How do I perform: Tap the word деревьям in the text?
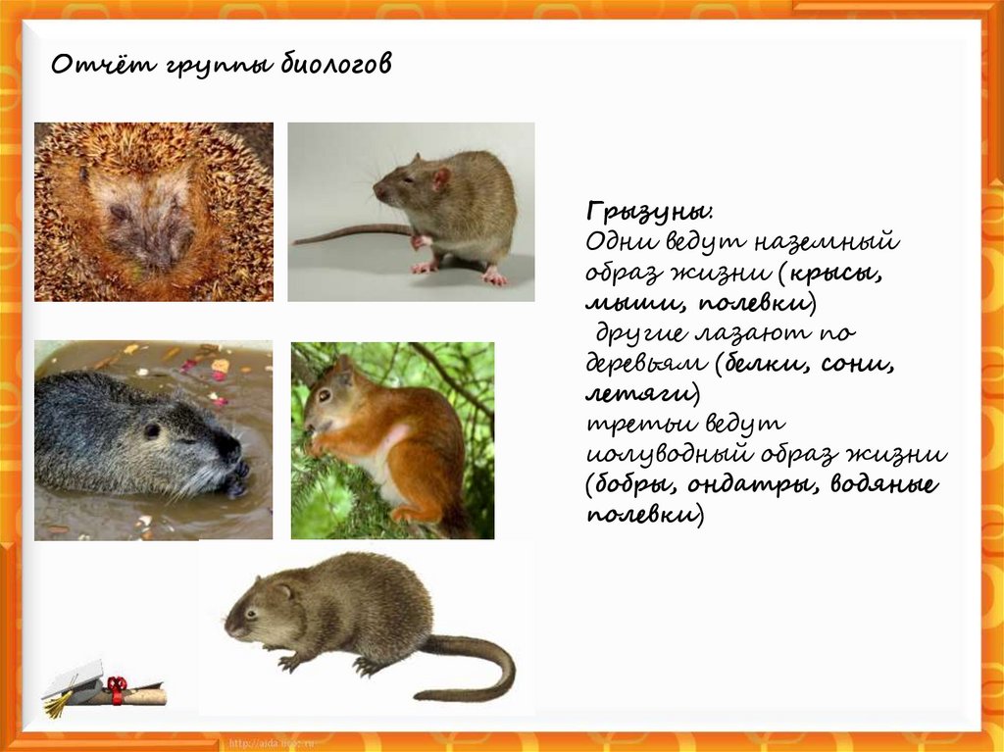[x=646, y=364]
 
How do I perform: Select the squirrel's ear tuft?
[x=343, y=367]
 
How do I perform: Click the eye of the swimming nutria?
[x=152, y=429]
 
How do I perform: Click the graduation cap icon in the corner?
[x=75, y=683]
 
